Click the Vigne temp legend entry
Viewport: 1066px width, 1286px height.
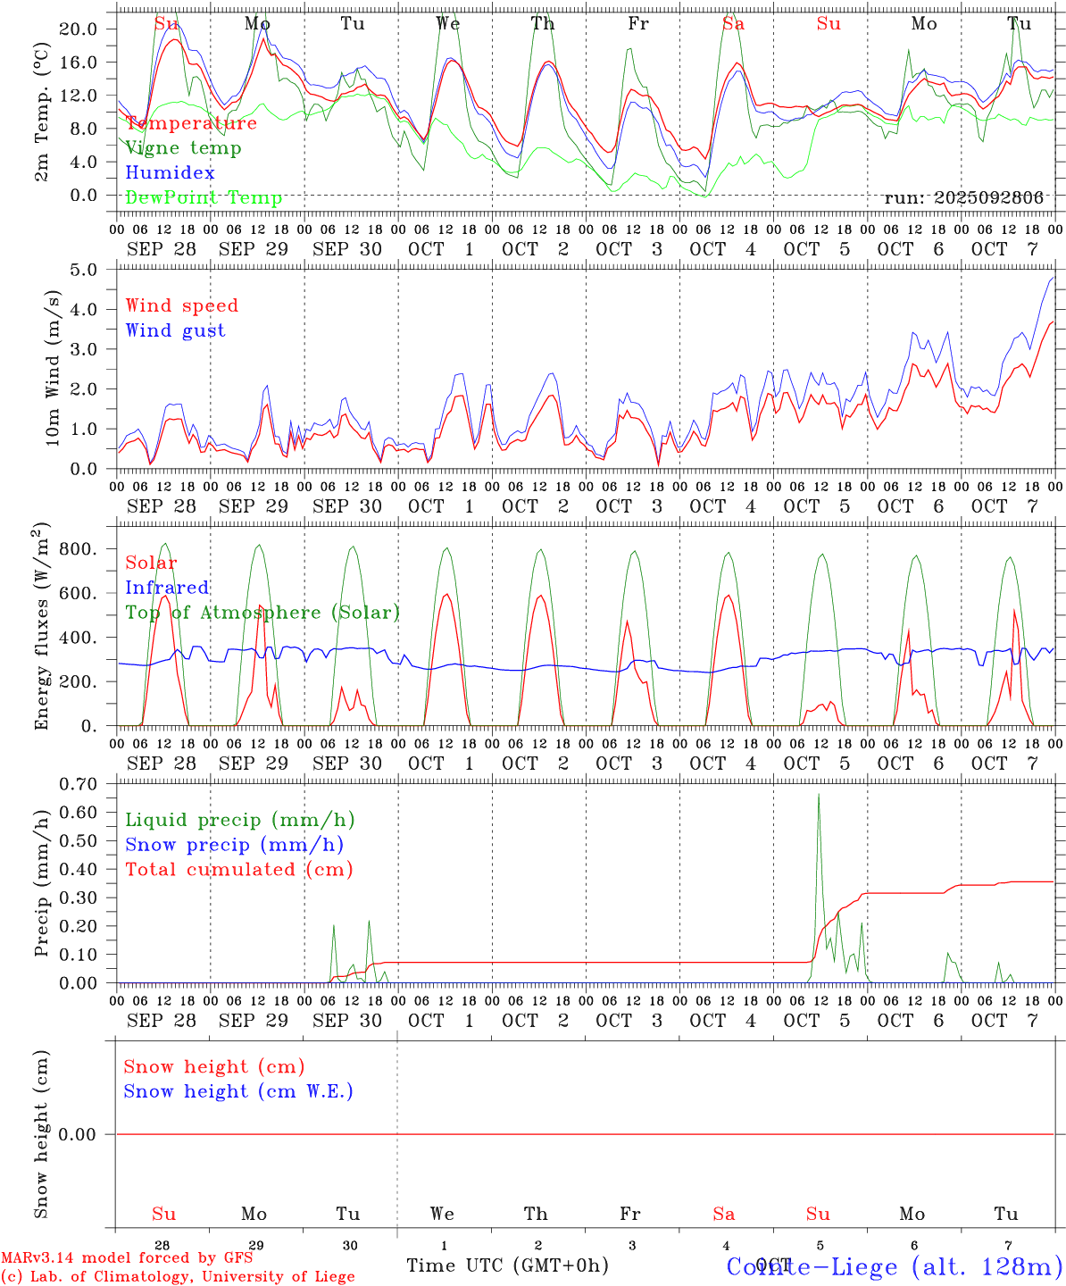[x=183, y=148]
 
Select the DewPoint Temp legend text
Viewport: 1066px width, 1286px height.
[x=204, y=198]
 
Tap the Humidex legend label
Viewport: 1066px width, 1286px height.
[x=170, y=173]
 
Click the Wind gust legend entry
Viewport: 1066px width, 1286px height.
[x=175, y=330]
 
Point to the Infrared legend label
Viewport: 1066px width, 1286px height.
[x=167, y=588]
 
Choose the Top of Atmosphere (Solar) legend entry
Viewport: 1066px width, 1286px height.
[x=262, y=613]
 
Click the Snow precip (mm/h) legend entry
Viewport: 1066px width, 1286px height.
[x=234, y=845]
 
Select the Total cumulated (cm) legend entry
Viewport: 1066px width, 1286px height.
[x=238, y=870]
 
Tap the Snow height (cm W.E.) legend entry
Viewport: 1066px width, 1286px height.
[x=237, y=1091]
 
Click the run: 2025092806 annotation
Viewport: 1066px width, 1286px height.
[x=963, y=198]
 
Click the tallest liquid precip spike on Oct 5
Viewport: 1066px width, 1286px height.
[x=819, y=796]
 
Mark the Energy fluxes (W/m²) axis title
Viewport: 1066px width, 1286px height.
[x=42, y=628]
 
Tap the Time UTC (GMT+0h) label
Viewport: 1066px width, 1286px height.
[x=507, y=1265]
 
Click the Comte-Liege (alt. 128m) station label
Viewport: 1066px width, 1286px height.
[x=894, y=1266]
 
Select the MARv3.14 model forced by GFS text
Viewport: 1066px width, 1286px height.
[x=127, y=1258]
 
